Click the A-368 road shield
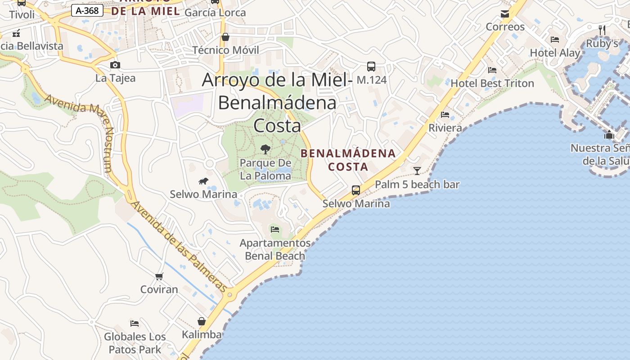tap(87, 10)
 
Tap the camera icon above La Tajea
tap(115, 65)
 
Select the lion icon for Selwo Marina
tap(203, 181)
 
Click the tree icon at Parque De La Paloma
tap(265, 149)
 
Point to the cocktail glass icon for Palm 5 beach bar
tap(417, 171)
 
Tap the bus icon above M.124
tap(371, 67)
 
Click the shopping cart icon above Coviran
tap(159, 276)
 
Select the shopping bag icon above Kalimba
tap(202, 321)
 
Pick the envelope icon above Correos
tap(505, 14)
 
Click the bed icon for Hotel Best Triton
tap(492, 70)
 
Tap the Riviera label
tap(445, 128)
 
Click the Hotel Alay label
tap(555, 53)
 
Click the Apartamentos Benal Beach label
tap(275, 249)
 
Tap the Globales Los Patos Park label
tap(135, 342)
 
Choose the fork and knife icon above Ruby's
tap(602, 30)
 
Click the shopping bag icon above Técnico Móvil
tap(225, 37)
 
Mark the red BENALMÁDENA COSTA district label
tap(348, 160)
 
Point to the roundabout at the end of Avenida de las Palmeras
tap(230, 295)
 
